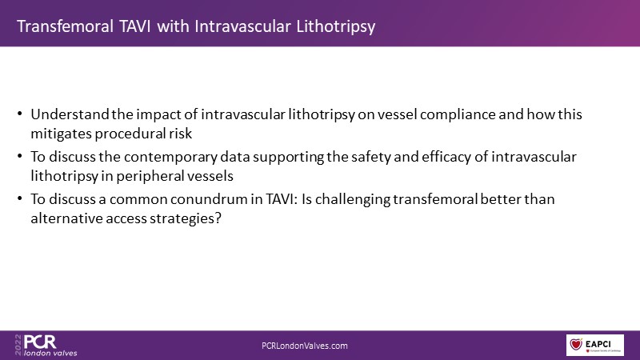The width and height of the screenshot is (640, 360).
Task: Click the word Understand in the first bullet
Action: point(70,114)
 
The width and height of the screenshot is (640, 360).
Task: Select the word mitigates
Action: point(61,134)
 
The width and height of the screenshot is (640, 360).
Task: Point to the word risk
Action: point(181,134)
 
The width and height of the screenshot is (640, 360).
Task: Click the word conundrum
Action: point(207,199)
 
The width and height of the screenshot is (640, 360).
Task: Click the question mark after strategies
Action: point(218,218)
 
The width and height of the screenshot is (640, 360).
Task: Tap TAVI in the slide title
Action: point(134,26)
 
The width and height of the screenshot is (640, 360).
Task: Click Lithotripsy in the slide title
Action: point(335,27)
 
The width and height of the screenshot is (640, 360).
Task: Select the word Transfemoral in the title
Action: point(66,26)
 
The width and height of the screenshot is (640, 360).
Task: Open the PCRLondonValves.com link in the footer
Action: point(305,346)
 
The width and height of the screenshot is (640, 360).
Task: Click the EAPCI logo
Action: point(594,345)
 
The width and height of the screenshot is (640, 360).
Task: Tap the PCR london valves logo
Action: point(46,346)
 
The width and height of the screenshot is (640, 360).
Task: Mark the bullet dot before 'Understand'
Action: point(19,114)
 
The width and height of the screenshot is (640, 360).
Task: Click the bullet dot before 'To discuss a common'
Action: point(19,198)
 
